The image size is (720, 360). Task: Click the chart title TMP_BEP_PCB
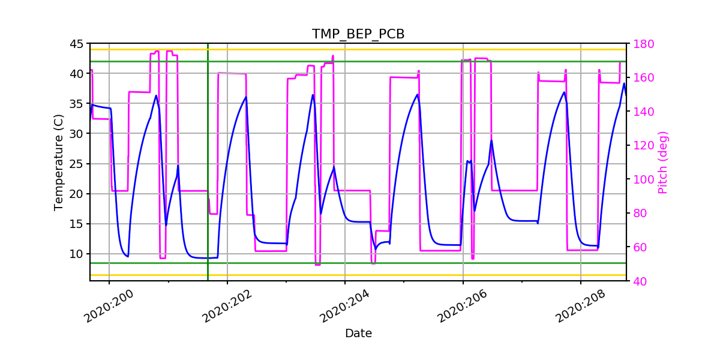coord(358,34)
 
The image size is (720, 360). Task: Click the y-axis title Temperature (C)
coord(59,162)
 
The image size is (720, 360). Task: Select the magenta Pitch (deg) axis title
coord(662,162)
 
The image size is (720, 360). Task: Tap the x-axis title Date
coord(358,334)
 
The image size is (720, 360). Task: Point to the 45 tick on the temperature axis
coord(76,44)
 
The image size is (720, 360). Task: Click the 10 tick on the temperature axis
coord(76,254)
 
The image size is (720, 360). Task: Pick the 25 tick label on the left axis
coord(76,164)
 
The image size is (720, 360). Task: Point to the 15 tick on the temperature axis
coord(76,224)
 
